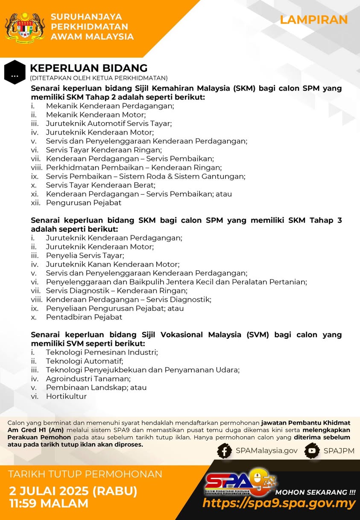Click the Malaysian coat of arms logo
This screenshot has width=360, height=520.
pyautogui.click(x=25, y=28)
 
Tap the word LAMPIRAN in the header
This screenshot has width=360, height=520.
pyautogui.click(x=313, y=20)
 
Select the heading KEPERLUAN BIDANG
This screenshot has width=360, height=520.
pyautogui.click(x=88, y=68)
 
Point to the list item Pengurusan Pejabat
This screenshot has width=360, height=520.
pyautogui.click(x=83, y=203)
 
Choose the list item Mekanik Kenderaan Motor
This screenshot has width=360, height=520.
pyautogui.click(x=96, y=114)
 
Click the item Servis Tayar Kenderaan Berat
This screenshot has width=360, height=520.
pyautogui.click(x=100, y=185)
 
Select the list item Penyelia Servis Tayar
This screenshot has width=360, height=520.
pyautogui.click(x=85, y=255)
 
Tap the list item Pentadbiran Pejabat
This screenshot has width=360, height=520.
pyautogui.click(x=84, y=317)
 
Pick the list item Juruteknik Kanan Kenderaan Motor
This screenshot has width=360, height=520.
pyautogui.click(x=112, y=264)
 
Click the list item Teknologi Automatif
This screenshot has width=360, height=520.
pyautogui.click(x=84, y=361)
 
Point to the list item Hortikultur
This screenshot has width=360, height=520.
pyautogui.click(x=66, y=396)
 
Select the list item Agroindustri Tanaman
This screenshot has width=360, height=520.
pyautogui.click(x=88, y=379)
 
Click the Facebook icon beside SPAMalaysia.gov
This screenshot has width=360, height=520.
pyautogui.click(x=225, y=451)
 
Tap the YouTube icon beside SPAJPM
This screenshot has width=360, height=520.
pyautogui.click(x=312, y=451)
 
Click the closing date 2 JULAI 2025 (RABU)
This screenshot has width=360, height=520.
pyautogui.click(x=73, y=491)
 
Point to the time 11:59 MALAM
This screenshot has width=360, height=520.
pyautogui.click(x=49, y=503)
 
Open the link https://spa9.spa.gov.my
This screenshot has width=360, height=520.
pyautogui.click(x=279, y=503)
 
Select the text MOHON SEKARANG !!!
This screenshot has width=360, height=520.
pyautogui.click(x=316, y=491)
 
